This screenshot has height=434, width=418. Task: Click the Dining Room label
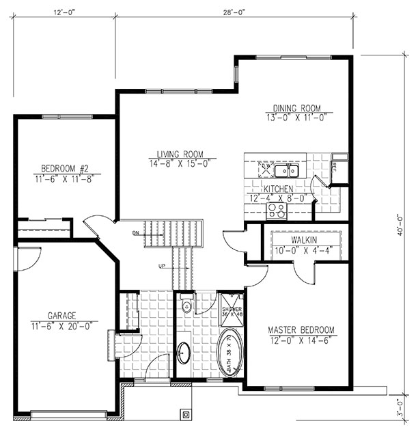(x=296, y=108)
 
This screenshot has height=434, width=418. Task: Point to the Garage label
(x=61, y=316)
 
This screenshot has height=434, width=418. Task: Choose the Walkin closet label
(x=302, y=241)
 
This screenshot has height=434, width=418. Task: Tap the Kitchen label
(x=279, y=189)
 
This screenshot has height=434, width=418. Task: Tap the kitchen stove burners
(x=277, y=210)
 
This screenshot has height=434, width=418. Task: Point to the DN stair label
(x=137, y=233)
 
